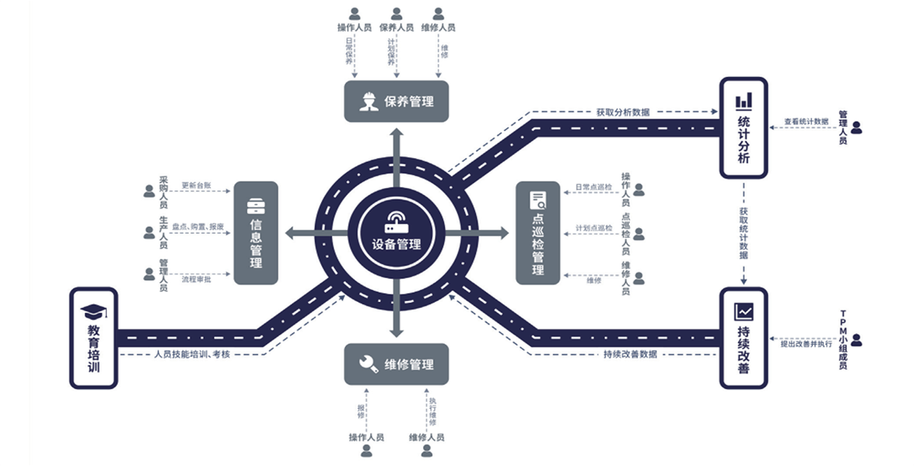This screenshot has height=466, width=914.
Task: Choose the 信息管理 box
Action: click(x=255, y=233)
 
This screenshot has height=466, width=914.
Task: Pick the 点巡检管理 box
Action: click(x=538, y=233)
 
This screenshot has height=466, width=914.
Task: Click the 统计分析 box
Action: click(x=743, y=127)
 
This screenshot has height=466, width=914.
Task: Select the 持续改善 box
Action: click(x=743, y=338)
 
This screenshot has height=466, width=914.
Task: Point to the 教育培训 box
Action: click(x=93, y=338)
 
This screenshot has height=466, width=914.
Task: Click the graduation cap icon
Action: click(x=93, y=310)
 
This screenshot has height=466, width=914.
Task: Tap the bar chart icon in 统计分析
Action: click(x=743, y=100)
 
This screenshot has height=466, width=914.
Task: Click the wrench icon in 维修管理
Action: click(x=368, y=364)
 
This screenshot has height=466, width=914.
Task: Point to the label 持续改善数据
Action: click(x=629, y=354)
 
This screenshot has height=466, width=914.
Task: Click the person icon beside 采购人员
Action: click(x=149, y=191)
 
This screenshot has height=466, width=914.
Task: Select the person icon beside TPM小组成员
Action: click(x=856, y=340)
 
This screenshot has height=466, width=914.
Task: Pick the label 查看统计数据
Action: click(x=806, y=122)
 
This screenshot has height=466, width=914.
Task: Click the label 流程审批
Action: click(x=195, y=279)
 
